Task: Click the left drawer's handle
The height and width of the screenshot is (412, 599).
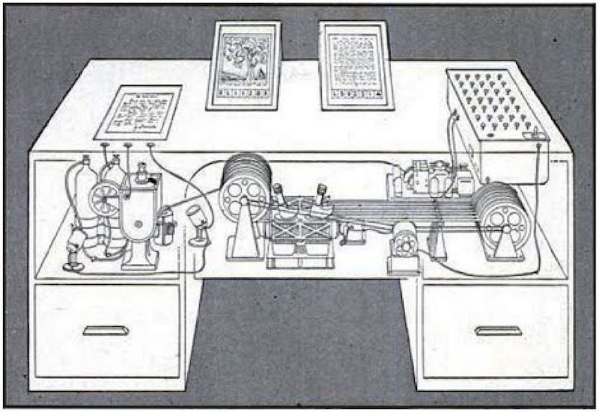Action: pos(106,330)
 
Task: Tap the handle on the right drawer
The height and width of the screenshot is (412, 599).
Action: pos(498,330)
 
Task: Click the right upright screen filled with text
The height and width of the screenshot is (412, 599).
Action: pos(356,64)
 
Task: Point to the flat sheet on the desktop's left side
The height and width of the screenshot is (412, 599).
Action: pos(139,112)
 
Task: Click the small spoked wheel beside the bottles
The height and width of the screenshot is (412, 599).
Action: pos(102,197)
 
